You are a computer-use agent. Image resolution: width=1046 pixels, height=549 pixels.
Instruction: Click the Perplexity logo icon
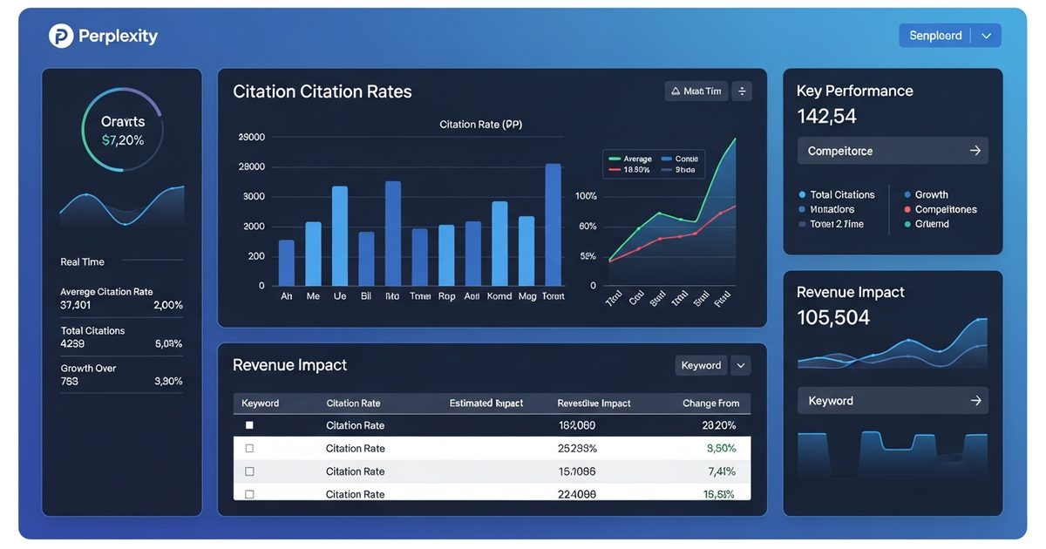[61, 36]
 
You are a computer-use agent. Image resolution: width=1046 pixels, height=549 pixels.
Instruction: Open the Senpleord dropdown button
[949, 36]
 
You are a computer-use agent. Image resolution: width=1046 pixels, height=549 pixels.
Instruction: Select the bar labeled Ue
[340, 236]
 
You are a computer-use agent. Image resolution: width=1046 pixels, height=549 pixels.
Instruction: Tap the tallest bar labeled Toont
[553, 225]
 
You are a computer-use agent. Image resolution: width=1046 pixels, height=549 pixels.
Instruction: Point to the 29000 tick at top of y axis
[251, 138]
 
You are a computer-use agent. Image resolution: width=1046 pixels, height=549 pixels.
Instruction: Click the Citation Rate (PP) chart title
[480, 125]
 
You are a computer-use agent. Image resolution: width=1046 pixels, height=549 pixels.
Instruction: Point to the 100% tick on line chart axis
[586, 196]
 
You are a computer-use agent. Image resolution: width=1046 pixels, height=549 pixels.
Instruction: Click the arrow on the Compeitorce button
[975, 151]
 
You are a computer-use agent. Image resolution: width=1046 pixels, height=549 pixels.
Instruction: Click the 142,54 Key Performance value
[826, 116]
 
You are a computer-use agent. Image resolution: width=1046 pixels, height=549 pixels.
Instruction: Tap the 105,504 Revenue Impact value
[832, 318]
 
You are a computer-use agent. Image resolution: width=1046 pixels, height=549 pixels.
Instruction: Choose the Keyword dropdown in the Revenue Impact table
[712, 365]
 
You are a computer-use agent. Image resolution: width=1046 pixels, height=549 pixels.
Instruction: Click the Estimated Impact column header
[486, 403]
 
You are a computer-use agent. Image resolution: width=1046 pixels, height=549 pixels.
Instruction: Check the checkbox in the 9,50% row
[249, 448]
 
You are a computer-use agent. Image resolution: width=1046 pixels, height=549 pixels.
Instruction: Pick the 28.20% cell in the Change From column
[718, 425]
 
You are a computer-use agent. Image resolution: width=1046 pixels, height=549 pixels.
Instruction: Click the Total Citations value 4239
[72, 343]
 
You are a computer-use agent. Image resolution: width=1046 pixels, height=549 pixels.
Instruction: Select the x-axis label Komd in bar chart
[499, 296]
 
